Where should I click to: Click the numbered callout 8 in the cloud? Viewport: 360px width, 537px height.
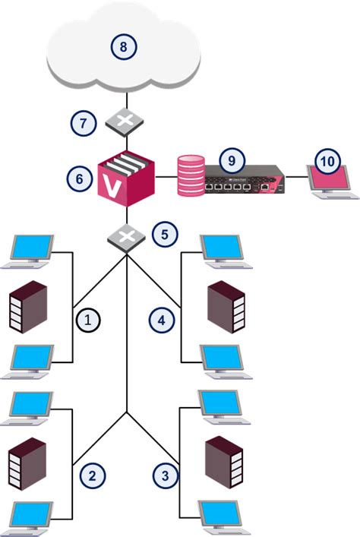(124, 47)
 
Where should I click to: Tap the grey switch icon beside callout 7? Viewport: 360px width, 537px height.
(125, 120)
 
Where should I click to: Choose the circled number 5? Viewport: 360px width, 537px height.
(164, 233)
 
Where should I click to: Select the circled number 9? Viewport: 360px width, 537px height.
(228, 160)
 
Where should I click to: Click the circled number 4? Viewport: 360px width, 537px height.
(160, 321)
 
